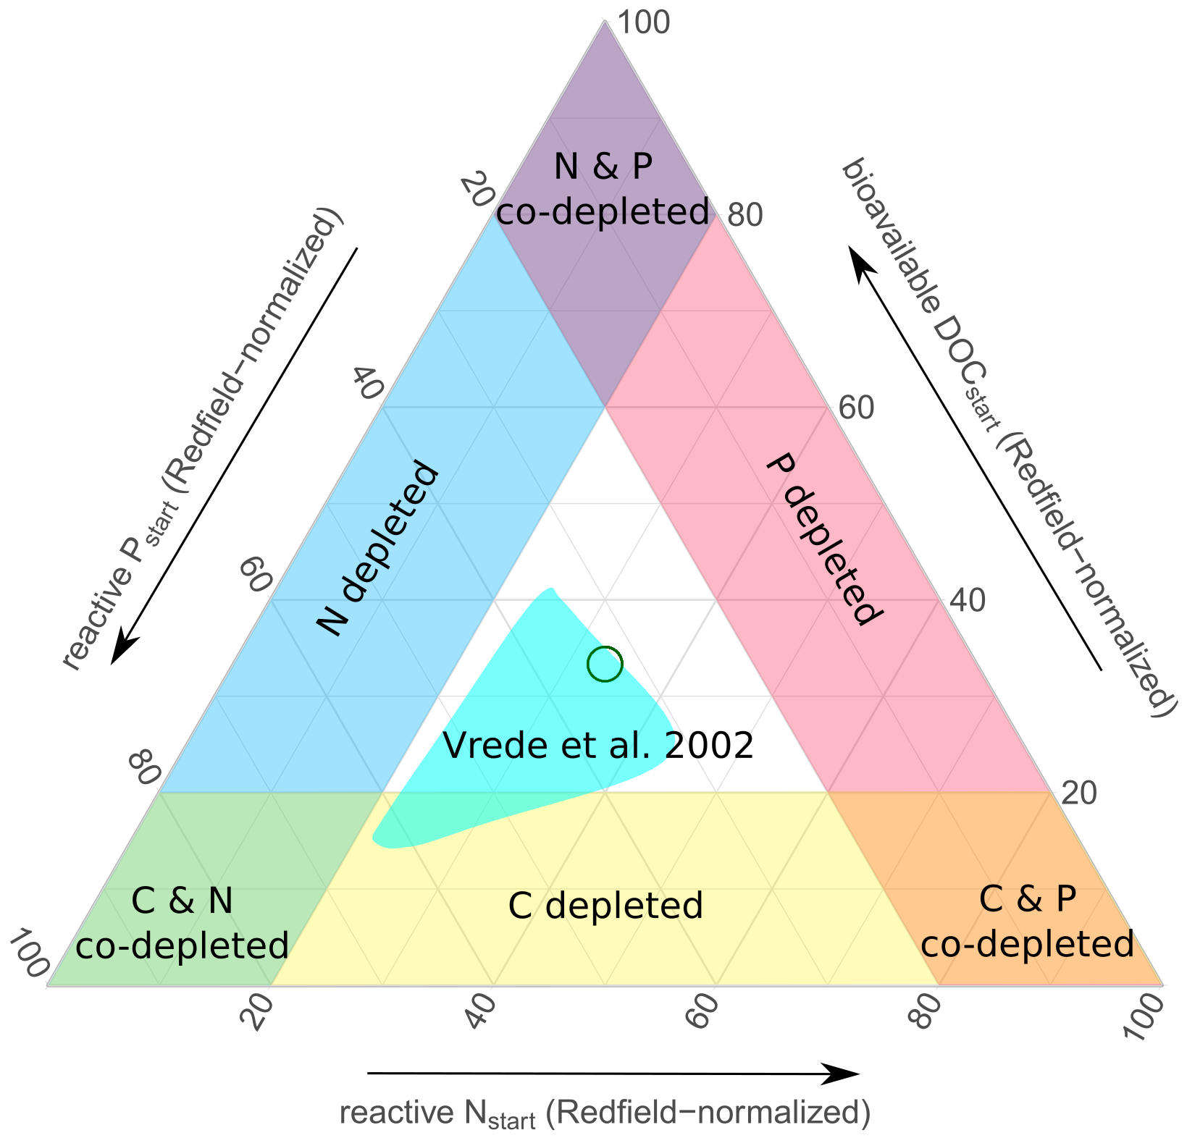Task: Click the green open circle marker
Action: (x=605, y=665)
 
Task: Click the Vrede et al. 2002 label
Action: (x=598, y=746)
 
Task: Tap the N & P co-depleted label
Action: (x=603, y=190)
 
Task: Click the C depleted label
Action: (x=605, y=906)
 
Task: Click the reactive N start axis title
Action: (x=605, y=1113)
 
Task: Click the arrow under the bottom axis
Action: (x=613, y=1074)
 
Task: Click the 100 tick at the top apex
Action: (x=642, y=23)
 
